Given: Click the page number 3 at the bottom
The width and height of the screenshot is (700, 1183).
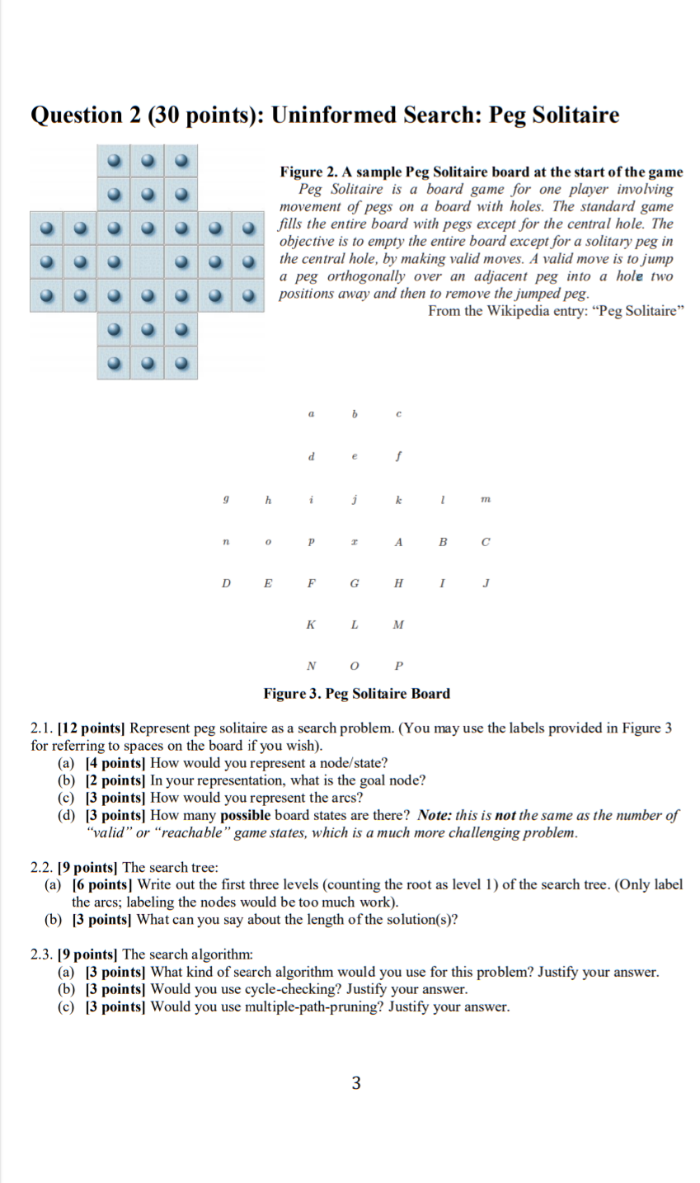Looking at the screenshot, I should (x=355, y=1083).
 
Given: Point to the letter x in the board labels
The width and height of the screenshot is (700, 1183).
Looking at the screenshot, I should (x=354, y=542).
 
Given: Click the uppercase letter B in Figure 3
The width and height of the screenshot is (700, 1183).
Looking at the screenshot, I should (x=442, y=542).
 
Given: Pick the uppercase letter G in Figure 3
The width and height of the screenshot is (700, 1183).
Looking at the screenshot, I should (x=354, y=583).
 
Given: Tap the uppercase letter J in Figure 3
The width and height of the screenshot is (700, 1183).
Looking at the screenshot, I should (x=486, y=583).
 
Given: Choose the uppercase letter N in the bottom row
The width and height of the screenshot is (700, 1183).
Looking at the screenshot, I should (x=310, y=666).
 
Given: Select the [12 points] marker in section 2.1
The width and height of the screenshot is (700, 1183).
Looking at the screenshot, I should (x=92, y=728).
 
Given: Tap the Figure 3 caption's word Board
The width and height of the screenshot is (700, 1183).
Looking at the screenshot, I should (x=430, y=693).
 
